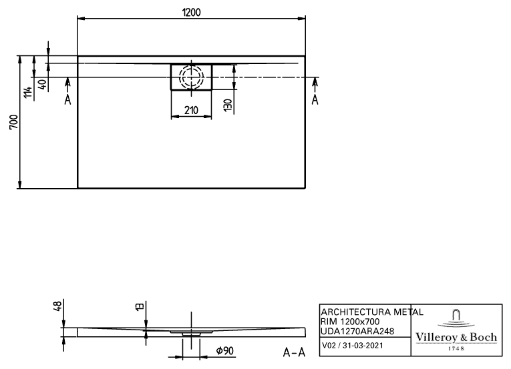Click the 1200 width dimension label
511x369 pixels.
(191, 13)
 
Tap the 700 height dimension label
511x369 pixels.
(14, 122)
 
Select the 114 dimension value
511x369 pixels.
(28, 92)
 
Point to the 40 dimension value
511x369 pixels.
(43, 85)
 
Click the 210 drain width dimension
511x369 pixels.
(191, 110)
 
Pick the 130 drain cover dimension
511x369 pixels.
(228, 105)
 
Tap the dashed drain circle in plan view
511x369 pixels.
(191, 77)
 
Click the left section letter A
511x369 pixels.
(67, 99)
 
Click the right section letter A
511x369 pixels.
(315, 99)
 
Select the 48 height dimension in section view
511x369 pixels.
(57, 306)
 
